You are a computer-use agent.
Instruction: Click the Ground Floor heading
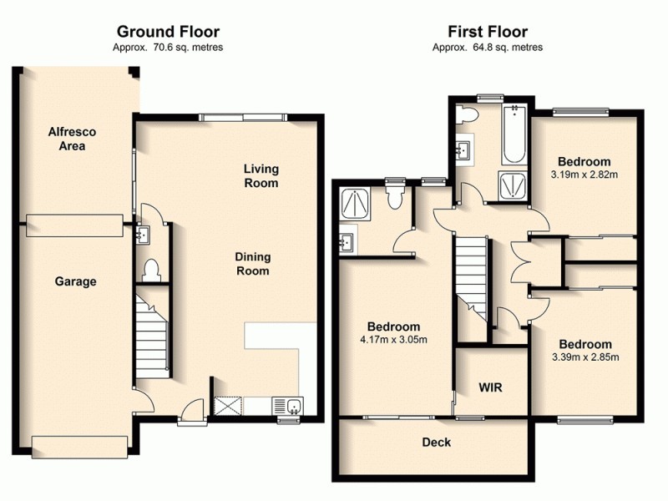168,33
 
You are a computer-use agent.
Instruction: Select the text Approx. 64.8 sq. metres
488,48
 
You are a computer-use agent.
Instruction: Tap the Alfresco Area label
67,139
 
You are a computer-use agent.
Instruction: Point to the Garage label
75,282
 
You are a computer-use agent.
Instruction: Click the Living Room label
261,176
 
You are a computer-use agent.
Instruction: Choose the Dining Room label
252,265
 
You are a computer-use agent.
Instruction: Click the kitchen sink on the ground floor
294,407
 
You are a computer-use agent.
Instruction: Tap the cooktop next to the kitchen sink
227,407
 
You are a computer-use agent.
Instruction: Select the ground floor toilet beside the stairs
151,270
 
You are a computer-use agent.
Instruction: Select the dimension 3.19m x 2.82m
584,175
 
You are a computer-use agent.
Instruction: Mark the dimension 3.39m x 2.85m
585,357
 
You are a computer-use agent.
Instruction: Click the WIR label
490,388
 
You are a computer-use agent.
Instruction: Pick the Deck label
436,442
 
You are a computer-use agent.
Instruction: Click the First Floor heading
488,33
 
